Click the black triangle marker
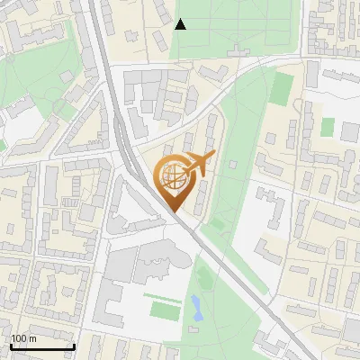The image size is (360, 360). (180, 24)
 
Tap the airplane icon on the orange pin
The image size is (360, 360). (199, 164)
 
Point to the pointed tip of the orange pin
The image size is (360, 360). (173, 212)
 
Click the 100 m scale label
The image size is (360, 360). (23, 338)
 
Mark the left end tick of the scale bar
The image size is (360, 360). (11, 346)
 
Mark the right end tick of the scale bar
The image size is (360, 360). (73, 346)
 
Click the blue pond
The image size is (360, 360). (195, 309)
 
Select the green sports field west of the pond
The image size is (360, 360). (163, 310)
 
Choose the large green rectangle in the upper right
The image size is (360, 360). (283, 87)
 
